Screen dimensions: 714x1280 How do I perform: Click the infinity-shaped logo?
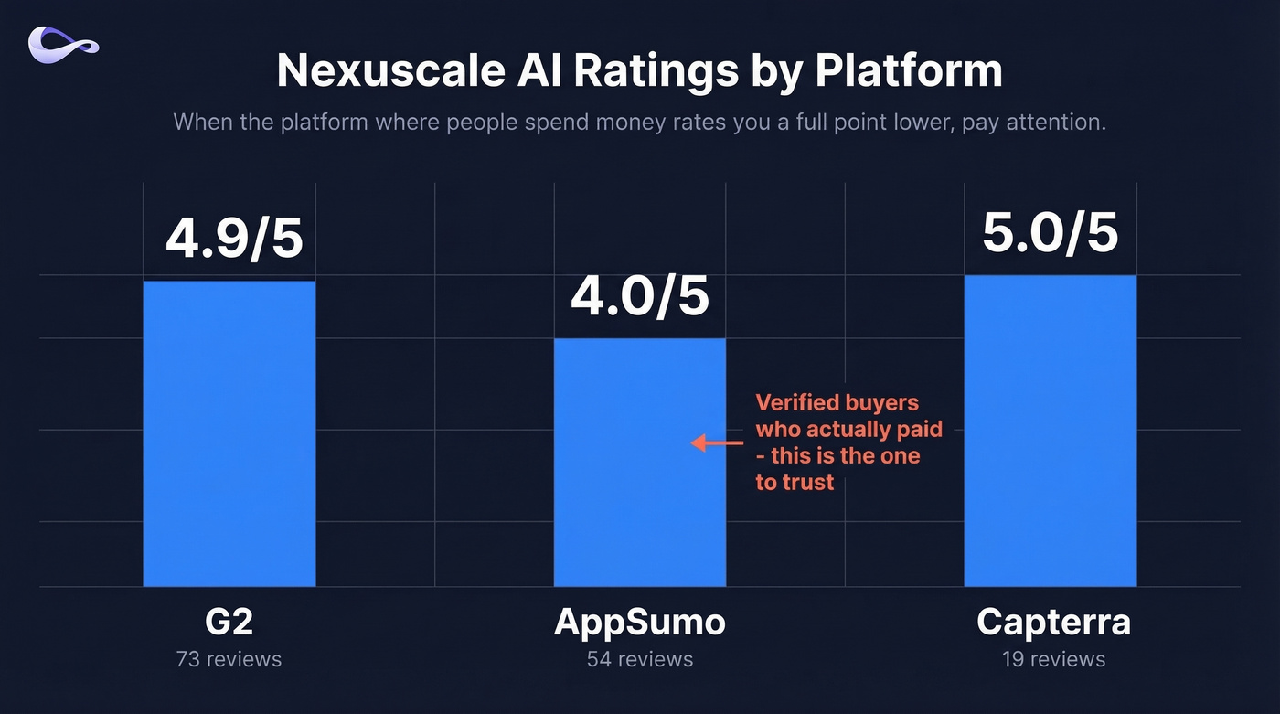click(63, 45)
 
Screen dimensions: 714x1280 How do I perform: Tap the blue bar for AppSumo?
click(640, 462)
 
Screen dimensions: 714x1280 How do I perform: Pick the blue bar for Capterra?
click(1051, 430)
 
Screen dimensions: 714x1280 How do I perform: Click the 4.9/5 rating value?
click(234, 238)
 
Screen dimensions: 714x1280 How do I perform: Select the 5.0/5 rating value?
click(1051, 232)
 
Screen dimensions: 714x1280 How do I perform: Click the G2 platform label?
click(229, 622)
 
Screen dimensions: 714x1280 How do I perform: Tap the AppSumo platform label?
click(640, 622)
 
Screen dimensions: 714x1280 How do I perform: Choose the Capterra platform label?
click(1053, 622)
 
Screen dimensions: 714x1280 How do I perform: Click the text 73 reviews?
click(229, 658)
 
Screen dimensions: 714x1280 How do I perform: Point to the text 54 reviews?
click(640, 658)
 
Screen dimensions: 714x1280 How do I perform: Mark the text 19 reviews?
click(1053, 658)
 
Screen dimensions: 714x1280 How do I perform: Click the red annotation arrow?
click(717, 443)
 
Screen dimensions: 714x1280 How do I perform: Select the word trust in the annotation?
click(808, 482)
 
